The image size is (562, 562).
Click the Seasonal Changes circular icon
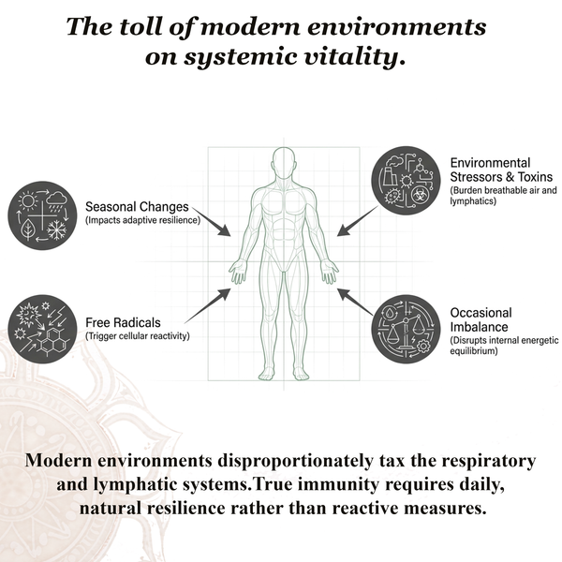(42, 215)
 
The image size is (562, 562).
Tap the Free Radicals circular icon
(42, 329)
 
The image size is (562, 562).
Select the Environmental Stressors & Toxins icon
(406, 181)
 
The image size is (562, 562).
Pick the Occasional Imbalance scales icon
(406, 329)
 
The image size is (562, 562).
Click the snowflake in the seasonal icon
(57, 229)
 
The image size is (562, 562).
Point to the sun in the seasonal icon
(27, 200)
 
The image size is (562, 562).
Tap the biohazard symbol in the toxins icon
(418, 196)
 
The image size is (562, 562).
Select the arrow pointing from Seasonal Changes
(212, 221)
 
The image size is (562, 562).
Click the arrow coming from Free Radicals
(208, 305)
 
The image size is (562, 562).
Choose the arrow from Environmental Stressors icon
(358, 221)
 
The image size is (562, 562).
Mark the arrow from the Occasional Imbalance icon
(355, 302)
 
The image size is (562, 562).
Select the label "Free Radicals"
(123, 322)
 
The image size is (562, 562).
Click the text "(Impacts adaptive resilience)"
(142, 220)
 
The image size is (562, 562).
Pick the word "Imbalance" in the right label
(479, 327)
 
